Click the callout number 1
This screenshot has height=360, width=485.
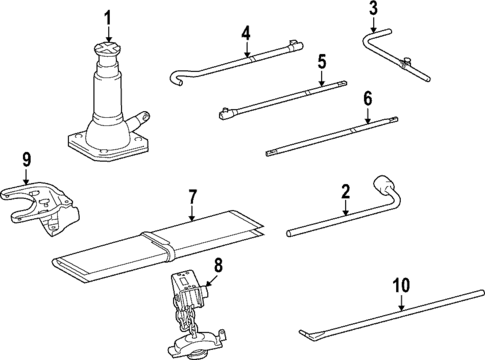click(x=108, y=17)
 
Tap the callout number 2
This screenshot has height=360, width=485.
click(x=345, y=191)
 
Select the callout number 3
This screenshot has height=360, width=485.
click(x=373, y=11)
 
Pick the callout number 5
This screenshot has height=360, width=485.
click(x=321, y=63)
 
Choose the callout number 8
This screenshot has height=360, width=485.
click(x=219, y=267)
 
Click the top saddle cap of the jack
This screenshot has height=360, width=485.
click(x=108, y=50)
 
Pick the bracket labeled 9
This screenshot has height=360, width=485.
click(x=40, y=200)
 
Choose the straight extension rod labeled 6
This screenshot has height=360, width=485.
click(x=330, y=137)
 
